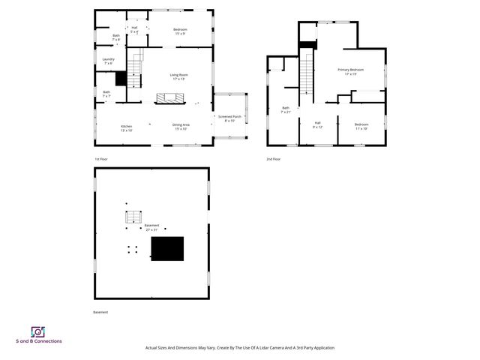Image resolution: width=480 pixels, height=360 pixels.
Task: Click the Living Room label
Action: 178,76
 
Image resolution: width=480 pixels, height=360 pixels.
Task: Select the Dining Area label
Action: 181,127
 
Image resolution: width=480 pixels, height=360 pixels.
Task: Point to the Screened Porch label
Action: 229,118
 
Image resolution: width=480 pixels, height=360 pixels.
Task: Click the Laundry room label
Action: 109,61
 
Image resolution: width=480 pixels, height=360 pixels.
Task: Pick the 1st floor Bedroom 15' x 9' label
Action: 181,31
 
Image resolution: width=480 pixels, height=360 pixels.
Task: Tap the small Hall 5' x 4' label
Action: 134,30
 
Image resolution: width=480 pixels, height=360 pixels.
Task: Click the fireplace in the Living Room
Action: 169,98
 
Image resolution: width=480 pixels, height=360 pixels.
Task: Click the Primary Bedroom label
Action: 350,72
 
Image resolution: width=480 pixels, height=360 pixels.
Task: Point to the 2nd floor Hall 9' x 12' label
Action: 317,124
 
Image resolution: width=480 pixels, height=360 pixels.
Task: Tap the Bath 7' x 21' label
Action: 286,109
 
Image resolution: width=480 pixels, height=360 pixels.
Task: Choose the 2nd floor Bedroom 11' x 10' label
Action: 361,126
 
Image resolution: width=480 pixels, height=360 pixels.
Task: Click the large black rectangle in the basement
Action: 167,248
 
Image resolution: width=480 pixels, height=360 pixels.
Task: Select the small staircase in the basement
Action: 132,217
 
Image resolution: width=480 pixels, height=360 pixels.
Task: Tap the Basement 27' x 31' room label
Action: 152,227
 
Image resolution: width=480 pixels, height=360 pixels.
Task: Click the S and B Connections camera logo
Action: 37,331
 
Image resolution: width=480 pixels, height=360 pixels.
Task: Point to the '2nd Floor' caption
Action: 273,159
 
